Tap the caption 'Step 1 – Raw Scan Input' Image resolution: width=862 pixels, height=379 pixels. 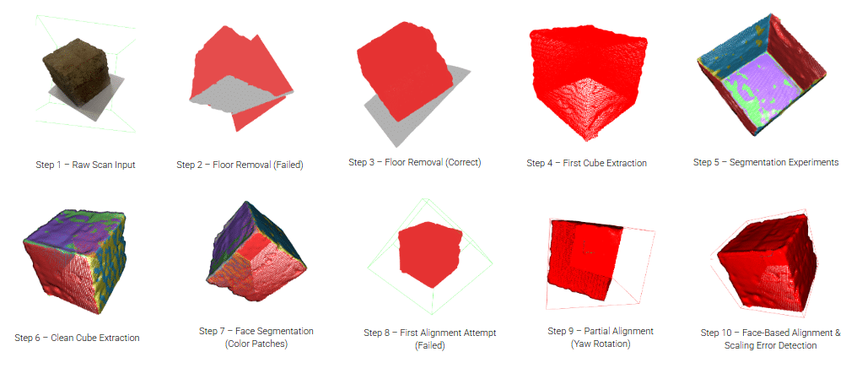click(85, 164)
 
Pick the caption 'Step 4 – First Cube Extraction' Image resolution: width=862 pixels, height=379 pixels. click(586, 163)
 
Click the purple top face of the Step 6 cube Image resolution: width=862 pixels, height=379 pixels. click(77, 225)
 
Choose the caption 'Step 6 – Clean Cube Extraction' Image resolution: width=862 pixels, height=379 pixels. click(77, 338)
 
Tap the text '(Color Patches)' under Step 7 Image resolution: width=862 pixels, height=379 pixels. click(256, 344)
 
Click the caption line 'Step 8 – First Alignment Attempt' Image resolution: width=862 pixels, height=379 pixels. click(430, 333)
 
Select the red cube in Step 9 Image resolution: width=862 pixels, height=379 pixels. click(586, 259)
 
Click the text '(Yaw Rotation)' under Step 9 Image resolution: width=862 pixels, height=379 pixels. click(601, 344)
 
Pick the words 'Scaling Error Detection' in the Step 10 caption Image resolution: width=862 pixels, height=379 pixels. click(770, 346)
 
